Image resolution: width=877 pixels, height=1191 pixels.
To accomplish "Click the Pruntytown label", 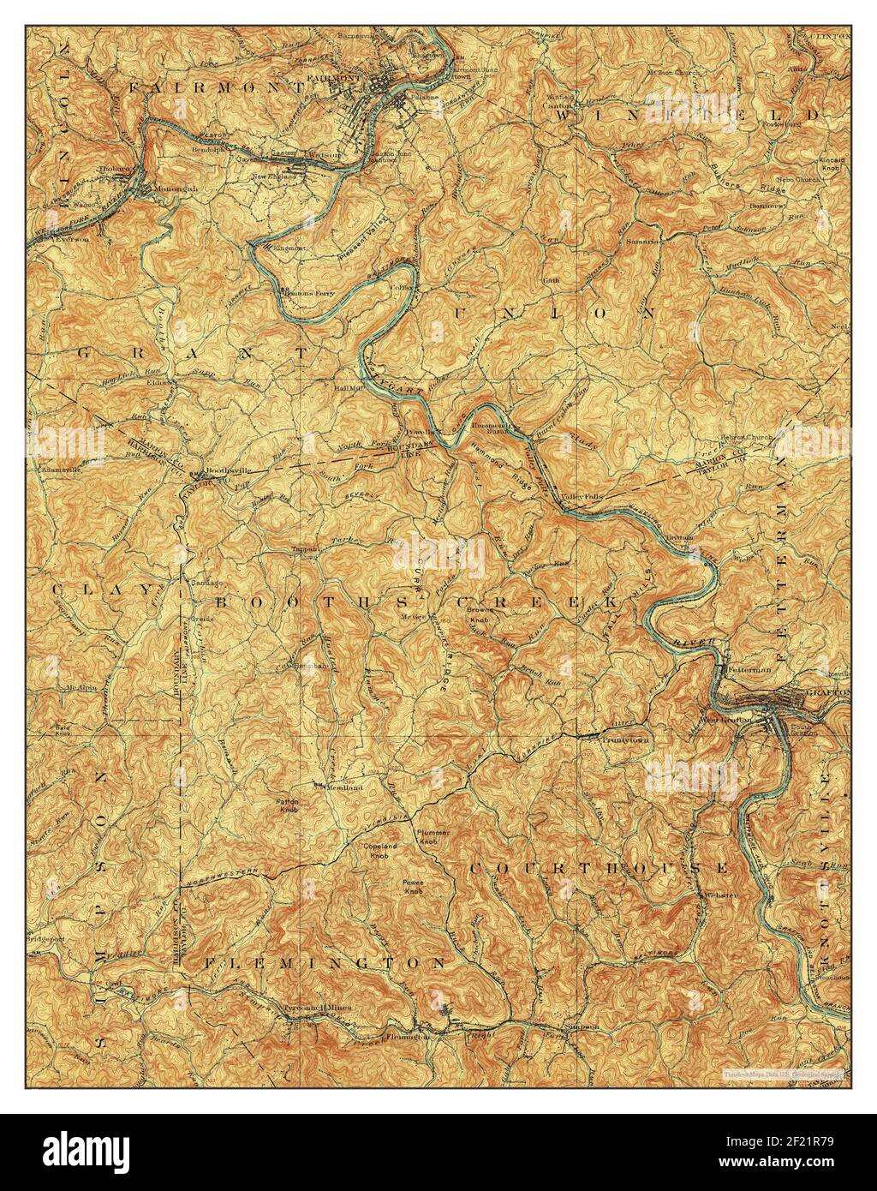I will click(x=625, y=739).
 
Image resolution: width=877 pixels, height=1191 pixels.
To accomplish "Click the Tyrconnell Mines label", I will click(x=315, y=1008).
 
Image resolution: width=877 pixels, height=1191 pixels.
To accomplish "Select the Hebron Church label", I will click(x=747, y=437).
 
